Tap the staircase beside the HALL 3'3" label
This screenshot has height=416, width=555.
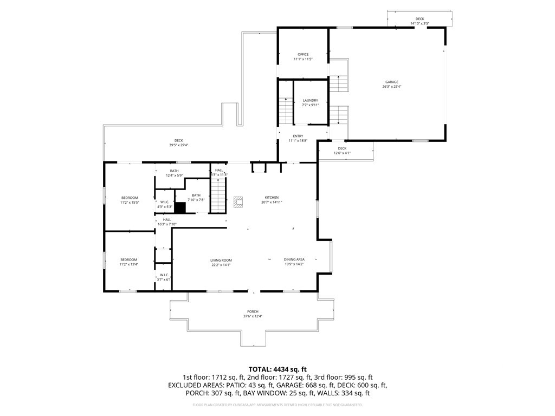(x=218, y=196)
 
